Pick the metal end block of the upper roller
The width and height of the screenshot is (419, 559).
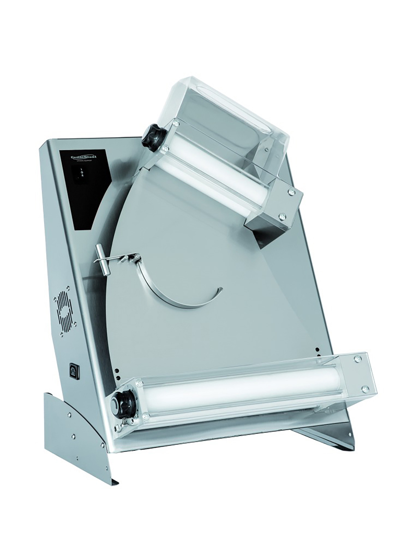273,210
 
